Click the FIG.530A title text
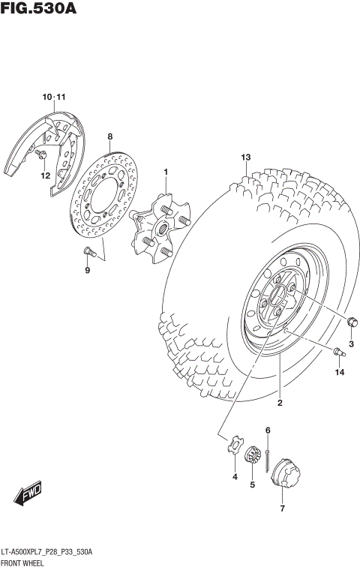click(x=39, y=9)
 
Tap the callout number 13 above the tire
click(x=244, y=157)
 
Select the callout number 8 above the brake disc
click(x=109, y=136)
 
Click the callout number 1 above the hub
click(x=166, y=172)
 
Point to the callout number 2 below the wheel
click(x=279, y=403)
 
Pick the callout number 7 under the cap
click(x=282, y=508)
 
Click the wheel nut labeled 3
click(x=352, y=322)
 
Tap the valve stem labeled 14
click(x=337, y=349)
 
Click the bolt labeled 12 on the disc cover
click(x=42, y=154)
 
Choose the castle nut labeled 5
click(x=253, y=456)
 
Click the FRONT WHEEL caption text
click(x=22, y=562)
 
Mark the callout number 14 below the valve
click(x=339, y=372)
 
